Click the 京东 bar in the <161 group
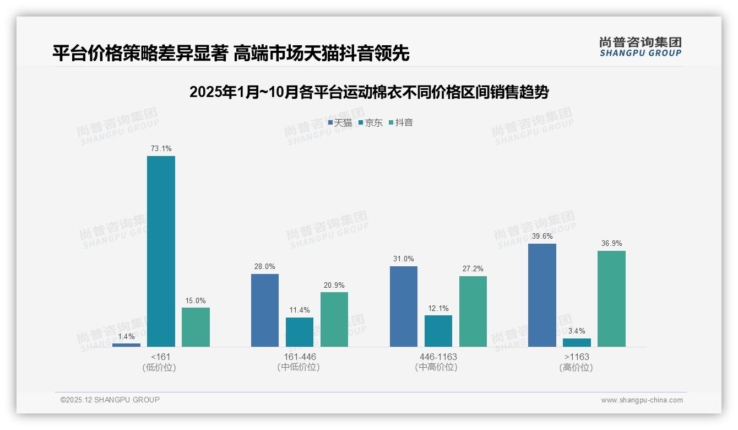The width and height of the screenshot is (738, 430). pos(161,251)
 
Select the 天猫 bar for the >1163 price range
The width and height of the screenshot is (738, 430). pos(542,295)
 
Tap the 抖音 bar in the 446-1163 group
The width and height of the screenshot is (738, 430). pos(473,311)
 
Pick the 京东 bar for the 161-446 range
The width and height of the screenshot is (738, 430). pos(300,332)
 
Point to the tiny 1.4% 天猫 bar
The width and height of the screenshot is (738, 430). pos(126,345)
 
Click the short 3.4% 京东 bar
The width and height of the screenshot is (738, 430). pos(577,342)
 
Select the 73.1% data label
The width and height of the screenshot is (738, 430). pos(161,148)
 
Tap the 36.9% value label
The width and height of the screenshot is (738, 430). pos(611,243)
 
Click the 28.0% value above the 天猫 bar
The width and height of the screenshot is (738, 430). pos(265,266)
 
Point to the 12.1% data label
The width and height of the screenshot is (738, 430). pos(438,308)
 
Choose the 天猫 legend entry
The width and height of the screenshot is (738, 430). pos(340,122)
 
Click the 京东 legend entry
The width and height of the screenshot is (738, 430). pos(371,122)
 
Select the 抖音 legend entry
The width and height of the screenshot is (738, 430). pos(401,122)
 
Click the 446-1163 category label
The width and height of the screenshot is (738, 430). pos(438,357)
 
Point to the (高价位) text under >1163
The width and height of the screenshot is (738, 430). pos(576,367)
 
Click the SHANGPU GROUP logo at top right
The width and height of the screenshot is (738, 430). pos(641,47)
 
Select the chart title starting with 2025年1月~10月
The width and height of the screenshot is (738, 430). pos(368,93)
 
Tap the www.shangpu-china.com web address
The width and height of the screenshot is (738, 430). pos(642,400)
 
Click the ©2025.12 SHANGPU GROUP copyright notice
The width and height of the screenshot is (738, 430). pos(110,400)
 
